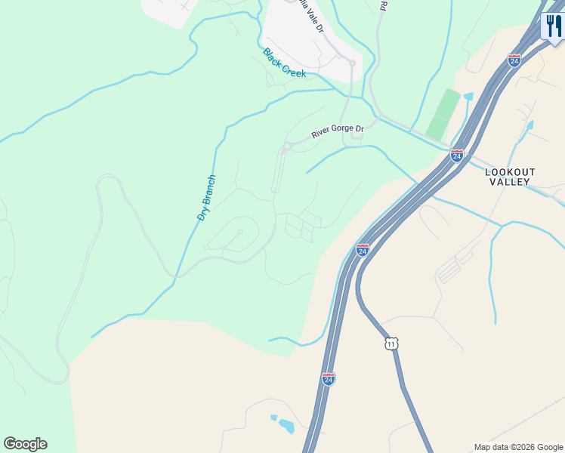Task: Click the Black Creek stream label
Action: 284,63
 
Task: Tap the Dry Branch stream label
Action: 206,198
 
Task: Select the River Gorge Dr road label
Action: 338,131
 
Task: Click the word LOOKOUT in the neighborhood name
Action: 510,172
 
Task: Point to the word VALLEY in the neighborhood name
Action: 510,182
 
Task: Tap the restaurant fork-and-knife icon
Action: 554,27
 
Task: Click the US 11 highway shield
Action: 391,344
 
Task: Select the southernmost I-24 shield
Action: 328,378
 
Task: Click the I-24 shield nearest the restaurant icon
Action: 514,60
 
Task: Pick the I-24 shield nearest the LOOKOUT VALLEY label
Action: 456,155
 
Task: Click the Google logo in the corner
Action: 25,444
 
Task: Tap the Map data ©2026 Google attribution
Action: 518,447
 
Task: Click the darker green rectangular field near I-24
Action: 443,114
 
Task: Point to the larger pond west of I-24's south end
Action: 286,427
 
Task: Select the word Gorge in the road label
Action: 340,131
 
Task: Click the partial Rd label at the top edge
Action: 384,5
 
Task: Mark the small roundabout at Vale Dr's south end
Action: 352,63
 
